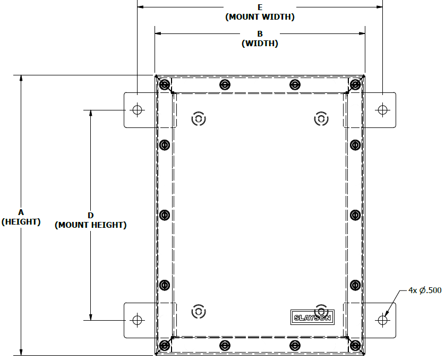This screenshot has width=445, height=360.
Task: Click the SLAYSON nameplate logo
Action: [x=312, y=317]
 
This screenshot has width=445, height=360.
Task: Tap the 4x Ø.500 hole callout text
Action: [x=425, y=290]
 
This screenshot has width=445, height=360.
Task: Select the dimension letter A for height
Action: [x=21, y=212]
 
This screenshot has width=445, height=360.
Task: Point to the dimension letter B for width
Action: [x=260, y=34]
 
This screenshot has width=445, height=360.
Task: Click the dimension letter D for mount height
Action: [x=90, y=216]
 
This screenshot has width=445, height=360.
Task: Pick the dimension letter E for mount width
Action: [x=260, y=7]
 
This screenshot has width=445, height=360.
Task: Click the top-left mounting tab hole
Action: [x=138, y=110]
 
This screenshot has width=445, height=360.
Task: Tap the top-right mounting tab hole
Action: [x=382, y=110]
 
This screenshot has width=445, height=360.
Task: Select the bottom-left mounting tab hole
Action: [x=138, y=320]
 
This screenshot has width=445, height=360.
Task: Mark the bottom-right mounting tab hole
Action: [x=382, y=320]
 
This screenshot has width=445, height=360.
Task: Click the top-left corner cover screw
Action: [x=165, y=84]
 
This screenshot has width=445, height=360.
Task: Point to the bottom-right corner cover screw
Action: [x=355, y=346]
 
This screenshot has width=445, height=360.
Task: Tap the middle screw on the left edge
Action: [x=165, y=215]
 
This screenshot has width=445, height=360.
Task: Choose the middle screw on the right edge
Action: [x=355, y=215]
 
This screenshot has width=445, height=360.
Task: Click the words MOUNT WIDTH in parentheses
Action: [x=260, y=17]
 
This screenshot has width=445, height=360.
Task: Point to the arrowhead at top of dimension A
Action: [x=21, y=78]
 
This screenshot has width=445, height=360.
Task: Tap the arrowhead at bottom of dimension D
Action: [x=91, y=317]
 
